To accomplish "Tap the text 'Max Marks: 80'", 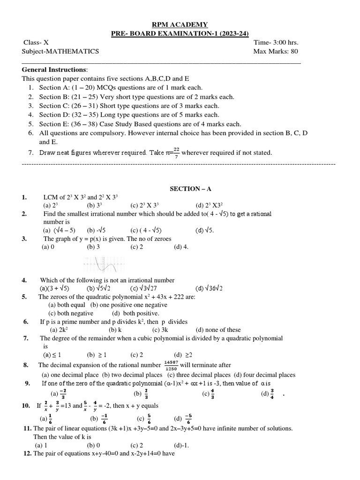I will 276,52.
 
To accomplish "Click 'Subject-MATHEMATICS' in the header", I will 60,52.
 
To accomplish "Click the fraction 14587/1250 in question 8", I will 171,365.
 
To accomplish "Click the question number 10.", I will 26,405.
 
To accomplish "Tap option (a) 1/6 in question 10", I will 47,418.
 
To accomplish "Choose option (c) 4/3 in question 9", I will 209,394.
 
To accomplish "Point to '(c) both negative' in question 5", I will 71,313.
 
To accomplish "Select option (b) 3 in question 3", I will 93,247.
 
